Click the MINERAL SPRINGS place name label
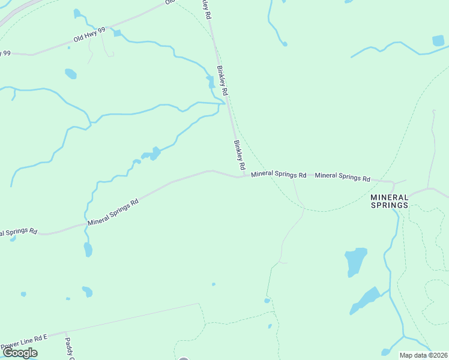click(x=389, y=201)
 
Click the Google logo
click(x=20, y=353)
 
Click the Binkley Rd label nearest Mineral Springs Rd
click(x=240, y=154)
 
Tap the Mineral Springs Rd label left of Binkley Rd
click(x=113, y=212)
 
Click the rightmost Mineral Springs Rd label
click(x=342, y=177)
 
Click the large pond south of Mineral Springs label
click(x=356, y=261)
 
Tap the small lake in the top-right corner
click(x=439, y=41)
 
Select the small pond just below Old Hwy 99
click(x=71, y=74)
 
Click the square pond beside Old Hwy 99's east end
click(x=117, y=33)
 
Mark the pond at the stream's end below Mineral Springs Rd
click(x=88, y=249)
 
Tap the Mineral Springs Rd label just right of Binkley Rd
click(x=279, y=175)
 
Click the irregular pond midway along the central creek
click(x=152, y=154)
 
